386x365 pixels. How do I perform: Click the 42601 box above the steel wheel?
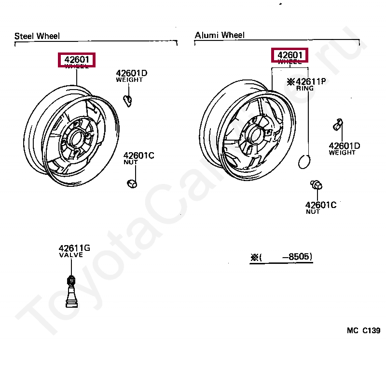click(77, 60)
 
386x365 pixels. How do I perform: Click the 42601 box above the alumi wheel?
click(289, 55)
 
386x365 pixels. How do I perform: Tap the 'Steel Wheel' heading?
click(37, 36)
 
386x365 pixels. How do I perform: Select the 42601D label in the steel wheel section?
click(131, 73)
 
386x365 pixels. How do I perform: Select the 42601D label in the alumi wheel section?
click(344, 146)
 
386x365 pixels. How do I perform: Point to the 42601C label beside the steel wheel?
click(138, 156)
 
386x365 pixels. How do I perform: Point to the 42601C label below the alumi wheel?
click(320, 205)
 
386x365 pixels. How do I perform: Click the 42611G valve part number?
click(74, 248)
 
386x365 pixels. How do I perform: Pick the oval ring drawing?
click(304, 162)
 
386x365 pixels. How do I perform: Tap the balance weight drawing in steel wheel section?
click(128, 100)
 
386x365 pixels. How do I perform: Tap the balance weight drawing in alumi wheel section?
click(338, 125)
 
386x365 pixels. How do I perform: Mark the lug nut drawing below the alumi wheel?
click(317, 185)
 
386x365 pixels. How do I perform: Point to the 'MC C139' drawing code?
click(363, 330)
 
